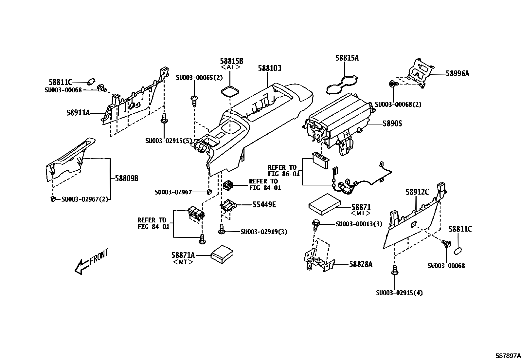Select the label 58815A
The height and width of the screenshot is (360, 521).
(x=347, y=58)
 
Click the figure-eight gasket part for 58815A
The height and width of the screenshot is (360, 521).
(x=342, y=85)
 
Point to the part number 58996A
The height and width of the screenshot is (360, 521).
(x=457, y=74)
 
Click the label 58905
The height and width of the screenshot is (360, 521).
(x=392, y=124)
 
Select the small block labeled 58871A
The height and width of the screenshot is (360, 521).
(x=222, y=253)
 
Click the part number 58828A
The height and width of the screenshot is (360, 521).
(x=361, y=264)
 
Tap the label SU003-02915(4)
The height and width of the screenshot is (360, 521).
(x=399, y=293)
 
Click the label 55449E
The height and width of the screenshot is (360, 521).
(x=264, y=205)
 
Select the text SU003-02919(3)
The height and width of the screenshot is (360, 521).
(x=264, y=232)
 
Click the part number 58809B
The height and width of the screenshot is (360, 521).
(x=126, y=179)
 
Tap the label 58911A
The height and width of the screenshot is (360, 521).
(x=78, y=113)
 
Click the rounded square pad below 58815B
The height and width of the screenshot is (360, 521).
(x=230, y=91)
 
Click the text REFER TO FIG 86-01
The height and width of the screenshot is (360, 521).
(x=283, y=171)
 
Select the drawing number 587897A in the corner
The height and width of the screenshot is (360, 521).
(x=507, y=355)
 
